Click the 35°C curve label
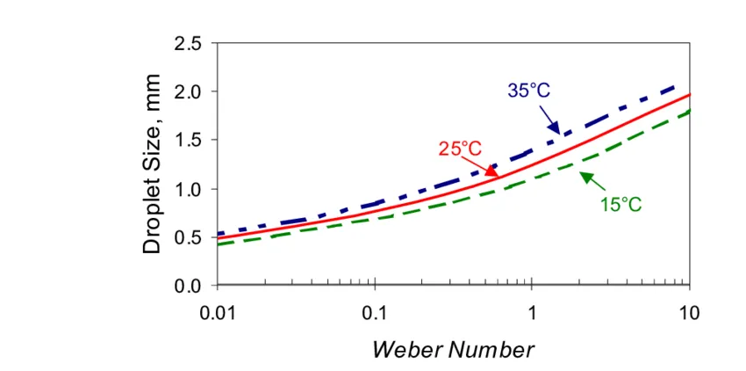(529, 91)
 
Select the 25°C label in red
(460, 149)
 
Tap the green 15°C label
(620, 205)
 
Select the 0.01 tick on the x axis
(218, 314)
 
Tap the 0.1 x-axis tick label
(375, 314)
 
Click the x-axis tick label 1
(532, 314)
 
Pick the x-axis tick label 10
(689, 314)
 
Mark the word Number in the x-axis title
(492, 350)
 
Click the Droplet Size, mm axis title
(153, 164)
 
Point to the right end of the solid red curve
(688, 95)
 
